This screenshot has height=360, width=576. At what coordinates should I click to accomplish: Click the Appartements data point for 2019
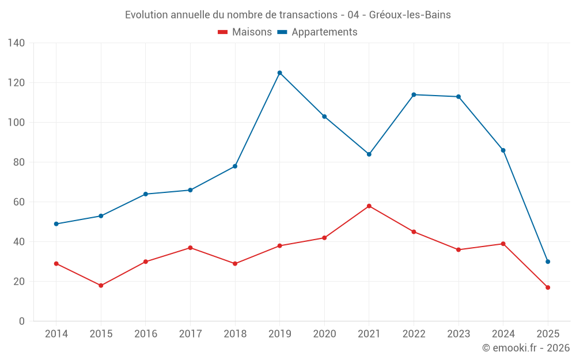pyautogui.click(x=280, y=73)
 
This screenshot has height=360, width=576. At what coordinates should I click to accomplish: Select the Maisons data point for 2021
pyautogui.click(x=369, y=206)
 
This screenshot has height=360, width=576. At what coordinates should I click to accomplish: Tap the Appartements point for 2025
pyautogui.click(x=548, y=262)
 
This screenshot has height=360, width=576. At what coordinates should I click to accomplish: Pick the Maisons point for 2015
pyautogui.click(x=101, y=285)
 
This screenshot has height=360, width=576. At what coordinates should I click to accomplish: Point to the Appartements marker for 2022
pyautogui.click(x=414, y=94)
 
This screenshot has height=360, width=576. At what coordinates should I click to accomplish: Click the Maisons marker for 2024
pyautogui.click(x=503, y=244)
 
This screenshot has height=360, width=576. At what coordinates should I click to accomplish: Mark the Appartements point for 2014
pyautogui.click(x=56, y=223)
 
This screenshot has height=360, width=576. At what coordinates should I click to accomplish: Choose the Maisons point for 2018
pyautogui.click(x=235, y=263)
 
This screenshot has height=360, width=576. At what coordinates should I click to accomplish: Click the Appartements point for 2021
pyautogui.click(x=369, y=154)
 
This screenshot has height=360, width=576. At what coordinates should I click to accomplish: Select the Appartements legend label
pyautogui.click(x=324, y=32)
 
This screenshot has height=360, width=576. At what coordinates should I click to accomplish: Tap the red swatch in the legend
pyautogui.click(x=223, y=32)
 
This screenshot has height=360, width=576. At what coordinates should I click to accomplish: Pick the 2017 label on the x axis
pyautogui.click(x=190, y=334)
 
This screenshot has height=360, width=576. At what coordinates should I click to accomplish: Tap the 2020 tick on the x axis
pyautogui.click(x=324, y=334)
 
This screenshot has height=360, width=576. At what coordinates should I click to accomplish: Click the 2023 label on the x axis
pyautogui.click(x=458, y=334)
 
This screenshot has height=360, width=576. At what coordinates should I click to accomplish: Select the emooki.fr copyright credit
pyautogui.click(x=526, y=348)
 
